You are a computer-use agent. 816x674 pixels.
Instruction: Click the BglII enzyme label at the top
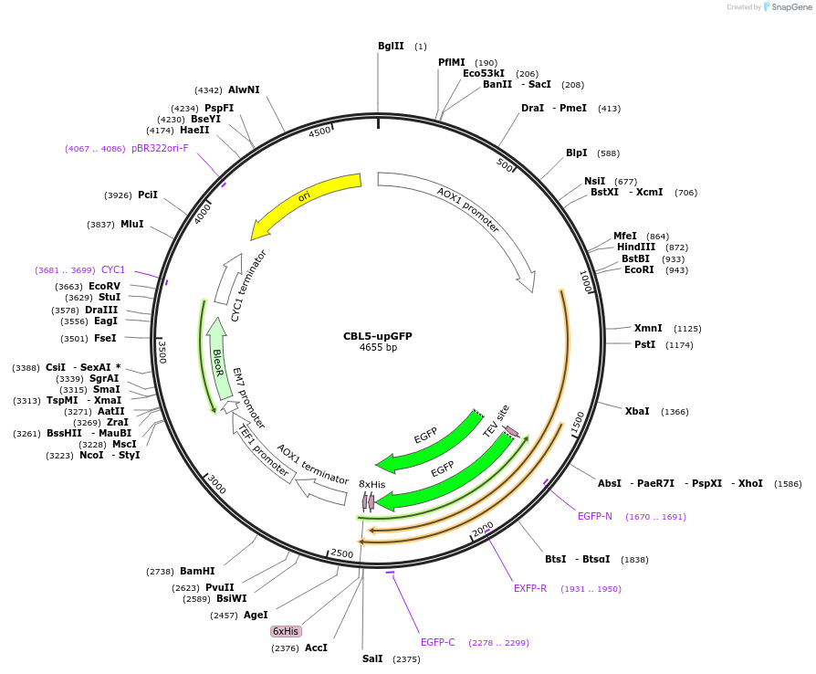coord(391,47)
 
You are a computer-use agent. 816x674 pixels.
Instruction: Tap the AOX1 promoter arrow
coord(467,211)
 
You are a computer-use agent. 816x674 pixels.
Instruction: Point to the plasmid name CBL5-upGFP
coord(378,336)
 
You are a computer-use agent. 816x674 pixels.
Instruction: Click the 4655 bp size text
coord(378,348)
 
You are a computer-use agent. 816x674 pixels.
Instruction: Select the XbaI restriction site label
coord(637,411)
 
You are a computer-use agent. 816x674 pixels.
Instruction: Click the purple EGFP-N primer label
coord(595,517)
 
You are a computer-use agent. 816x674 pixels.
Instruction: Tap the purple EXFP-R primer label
coord(530,588)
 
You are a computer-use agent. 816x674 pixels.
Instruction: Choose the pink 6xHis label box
coord(286,631)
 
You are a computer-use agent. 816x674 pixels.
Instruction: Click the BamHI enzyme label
coord(197,571)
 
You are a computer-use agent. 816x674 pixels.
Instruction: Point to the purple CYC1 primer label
coord(113,269)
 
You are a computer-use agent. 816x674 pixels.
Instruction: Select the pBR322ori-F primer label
coord(160,148)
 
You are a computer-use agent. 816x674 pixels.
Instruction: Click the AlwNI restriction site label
coord(244,90)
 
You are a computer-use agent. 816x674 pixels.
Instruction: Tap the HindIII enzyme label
coord(636,247)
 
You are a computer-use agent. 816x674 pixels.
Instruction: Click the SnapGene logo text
coord(788,7)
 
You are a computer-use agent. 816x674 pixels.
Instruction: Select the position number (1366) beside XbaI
coord(675,412)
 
